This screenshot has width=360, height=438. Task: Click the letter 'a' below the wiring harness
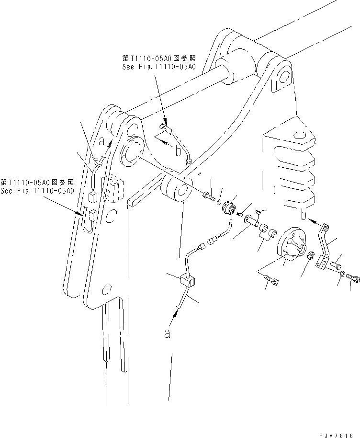(x=167, y=334)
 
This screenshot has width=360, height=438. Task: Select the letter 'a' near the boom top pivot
(x=101, y=141)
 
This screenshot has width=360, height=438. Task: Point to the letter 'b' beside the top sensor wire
(x=178, y=152)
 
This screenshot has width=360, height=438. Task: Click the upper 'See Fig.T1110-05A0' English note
(x=158, y=67)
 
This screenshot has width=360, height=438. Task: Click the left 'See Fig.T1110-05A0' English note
(x=37, y=191)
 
